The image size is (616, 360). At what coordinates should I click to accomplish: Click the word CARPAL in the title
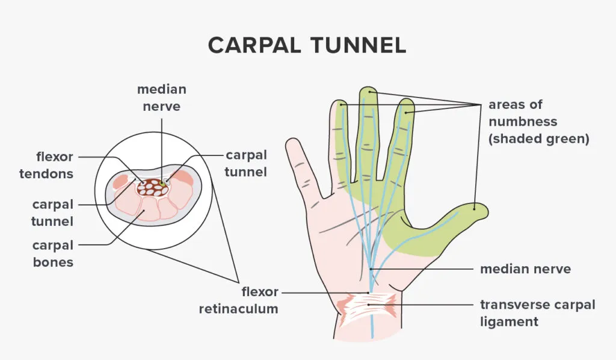pos(254,45)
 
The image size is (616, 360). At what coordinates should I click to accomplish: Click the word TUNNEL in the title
pos(358,45)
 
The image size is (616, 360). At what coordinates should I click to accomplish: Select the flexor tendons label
pos(46,165)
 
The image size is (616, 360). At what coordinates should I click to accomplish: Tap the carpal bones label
pos(53,253)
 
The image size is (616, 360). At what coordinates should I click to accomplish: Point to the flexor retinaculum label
pos(238,300)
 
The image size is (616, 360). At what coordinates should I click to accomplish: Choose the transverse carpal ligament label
pos(537,313)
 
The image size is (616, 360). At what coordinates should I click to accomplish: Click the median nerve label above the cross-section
pos(161,98)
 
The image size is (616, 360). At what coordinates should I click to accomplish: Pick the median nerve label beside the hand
pos(525,269)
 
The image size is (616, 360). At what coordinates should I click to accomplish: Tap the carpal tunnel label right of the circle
pos(246,164)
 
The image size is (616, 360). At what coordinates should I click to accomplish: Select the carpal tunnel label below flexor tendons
pos(53,213)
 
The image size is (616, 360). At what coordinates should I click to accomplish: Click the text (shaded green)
pos(538,138)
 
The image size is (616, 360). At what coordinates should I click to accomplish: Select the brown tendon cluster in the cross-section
pos(153,187)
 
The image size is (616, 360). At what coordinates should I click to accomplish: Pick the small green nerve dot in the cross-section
pos(162,183)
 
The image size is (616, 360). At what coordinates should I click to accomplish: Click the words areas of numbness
pos(523,113)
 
